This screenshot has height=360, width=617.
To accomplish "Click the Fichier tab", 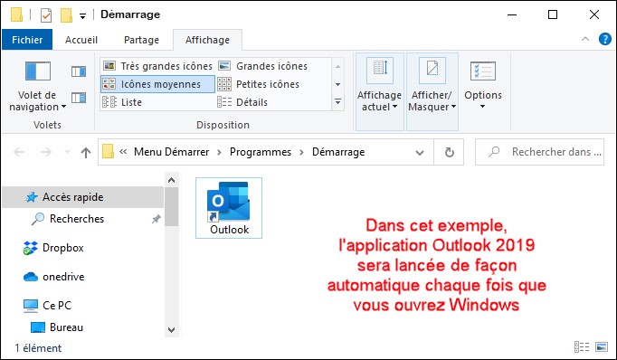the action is (x=27, y=40).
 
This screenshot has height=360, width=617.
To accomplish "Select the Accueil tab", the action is (x=81, y=40).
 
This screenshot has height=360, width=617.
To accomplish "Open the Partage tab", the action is (x=141, y=40).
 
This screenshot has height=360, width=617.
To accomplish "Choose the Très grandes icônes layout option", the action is (x=157, y=66).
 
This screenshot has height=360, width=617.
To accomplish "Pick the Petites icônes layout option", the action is (x=258, y=84).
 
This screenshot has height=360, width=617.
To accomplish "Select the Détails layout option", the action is (x=242, y=102).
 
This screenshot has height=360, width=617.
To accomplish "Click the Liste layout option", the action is (x=121, y=102).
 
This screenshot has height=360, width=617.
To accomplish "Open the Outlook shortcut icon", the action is (x=229, y=208).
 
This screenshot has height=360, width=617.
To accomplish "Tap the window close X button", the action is (x=594, y=14).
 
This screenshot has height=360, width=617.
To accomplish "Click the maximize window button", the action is (x=553, y=14).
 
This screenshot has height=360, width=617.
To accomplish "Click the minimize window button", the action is (x=512, y=14).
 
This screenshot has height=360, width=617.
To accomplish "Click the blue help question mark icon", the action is (x=605, y=39).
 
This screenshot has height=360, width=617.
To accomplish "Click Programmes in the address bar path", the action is (x=261, y=152).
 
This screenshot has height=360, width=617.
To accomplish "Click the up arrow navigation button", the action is (x=86, y=152).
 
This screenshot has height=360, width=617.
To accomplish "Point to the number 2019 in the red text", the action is (x=515, y=245).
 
